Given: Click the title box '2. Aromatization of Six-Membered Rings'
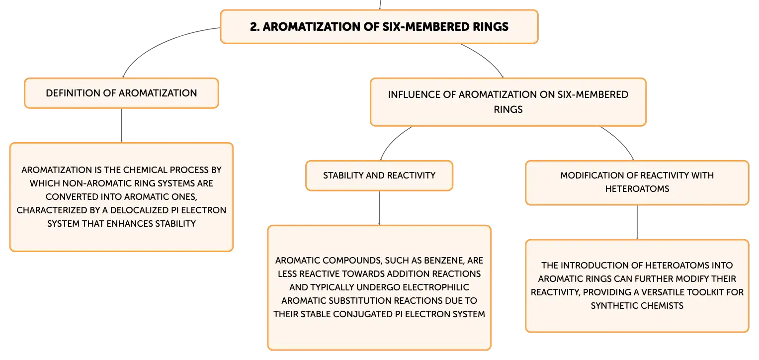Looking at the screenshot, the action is click(379, 26).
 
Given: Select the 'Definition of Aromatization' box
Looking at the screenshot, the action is click(121, 93).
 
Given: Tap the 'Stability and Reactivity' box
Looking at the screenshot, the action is click(379, 176).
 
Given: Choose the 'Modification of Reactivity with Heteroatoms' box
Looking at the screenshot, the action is click(637, 182).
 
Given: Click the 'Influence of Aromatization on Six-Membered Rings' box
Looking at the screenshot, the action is click(508, 102).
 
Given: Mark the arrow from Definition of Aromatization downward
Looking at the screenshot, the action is click(121, 125).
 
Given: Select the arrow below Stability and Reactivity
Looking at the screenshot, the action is click(379, 208).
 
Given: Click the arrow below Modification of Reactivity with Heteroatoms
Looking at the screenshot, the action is click(637, 222).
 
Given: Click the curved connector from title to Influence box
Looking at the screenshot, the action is click(485, 57).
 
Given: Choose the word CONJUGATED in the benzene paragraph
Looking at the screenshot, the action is click(362, 314).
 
